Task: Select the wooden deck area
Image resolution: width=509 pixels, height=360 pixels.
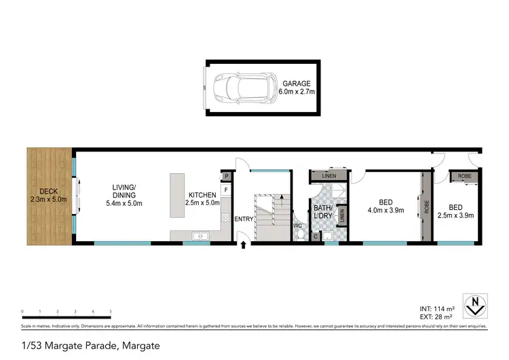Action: click(x=50, y=196)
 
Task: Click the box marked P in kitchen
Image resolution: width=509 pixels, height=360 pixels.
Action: click(x=226, y=177)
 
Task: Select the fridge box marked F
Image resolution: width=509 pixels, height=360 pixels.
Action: click(x=226, y=190)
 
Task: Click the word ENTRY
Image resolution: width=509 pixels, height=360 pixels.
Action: click(x=244, y=219)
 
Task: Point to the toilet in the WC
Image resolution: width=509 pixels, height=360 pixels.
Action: click(x=300, y=234)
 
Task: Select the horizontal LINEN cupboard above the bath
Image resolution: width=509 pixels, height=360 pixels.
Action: click(x=328, y=177)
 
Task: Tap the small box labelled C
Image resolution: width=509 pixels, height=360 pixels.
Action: click(x=316, y=236)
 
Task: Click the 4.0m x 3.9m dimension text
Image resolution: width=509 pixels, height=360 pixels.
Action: click(x=385, y=211)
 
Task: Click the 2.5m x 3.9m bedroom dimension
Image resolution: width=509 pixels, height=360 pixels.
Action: click(x=455, y=215)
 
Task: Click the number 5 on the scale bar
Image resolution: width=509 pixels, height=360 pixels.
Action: click(x=111, y=311)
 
